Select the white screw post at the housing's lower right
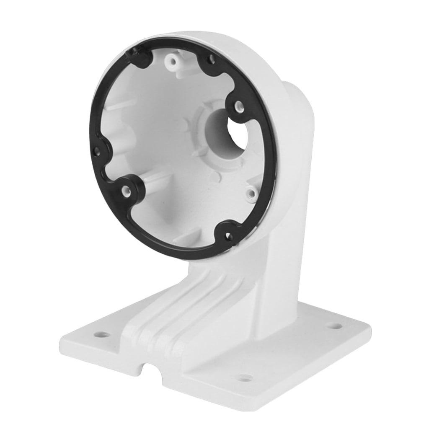251,194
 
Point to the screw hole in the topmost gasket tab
212,60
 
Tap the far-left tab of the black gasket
98,150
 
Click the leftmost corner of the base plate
62,340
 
